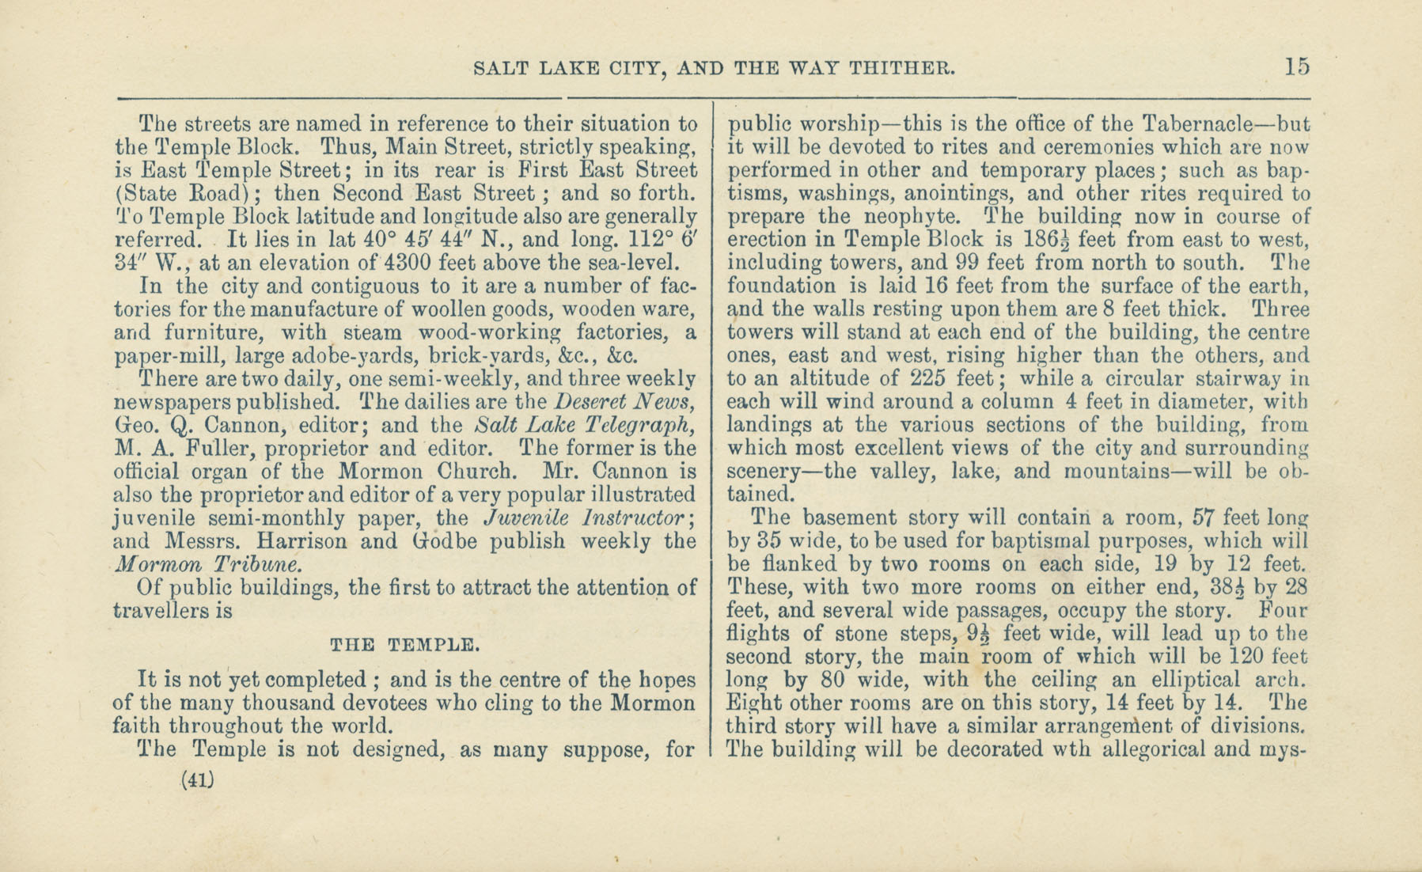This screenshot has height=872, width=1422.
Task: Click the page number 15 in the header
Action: click(x=1298, y=66)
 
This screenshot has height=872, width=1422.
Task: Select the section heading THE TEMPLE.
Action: click(x=404, y=645)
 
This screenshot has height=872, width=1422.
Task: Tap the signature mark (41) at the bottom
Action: click(x=198, y=780)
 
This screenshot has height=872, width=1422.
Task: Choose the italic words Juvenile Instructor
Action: click(x=589, y=518)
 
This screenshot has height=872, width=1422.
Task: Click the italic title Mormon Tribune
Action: click(x=207, y=565)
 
